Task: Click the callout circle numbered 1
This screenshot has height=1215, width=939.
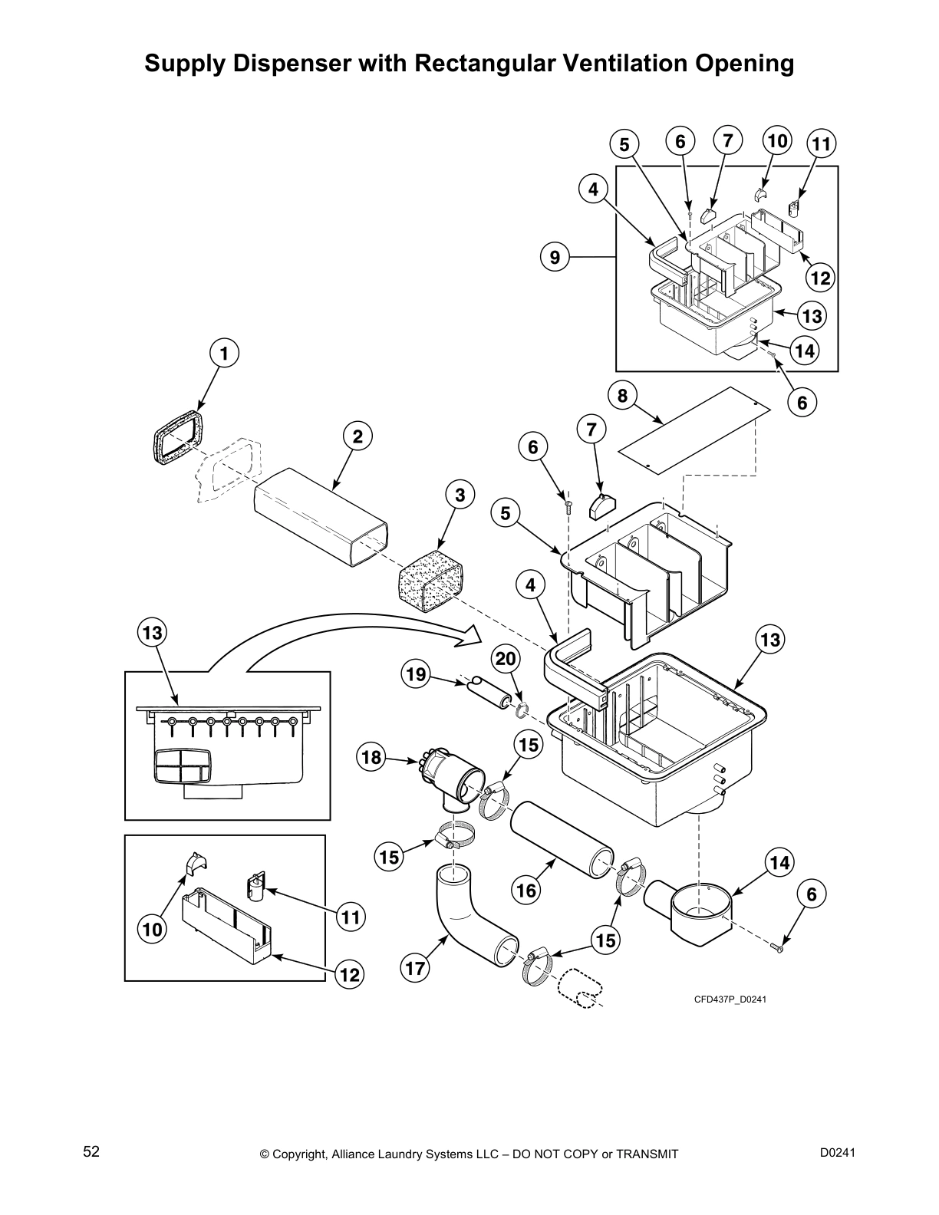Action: [224, 354]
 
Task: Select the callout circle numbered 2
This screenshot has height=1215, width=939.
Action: [357, 436]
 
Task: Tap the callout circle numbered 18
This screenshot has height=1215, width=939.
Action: [371, 758]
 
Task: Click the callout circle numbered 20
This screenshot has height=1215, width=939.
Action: [506, 659]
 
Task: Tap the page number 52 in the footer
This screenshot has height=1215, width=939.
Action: [91, 1151]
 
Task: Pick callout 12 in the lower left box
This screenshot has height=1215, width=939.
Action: [349, 975]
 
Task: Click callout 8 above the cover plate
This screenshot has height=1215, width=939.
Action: [622, 395]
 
